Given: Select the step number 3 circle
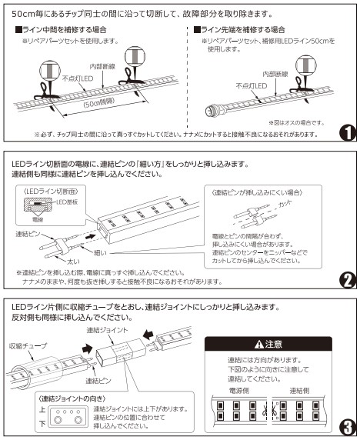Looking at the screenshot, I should click(x=347, y=425).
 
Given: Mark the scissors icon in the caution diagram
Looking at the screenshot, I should click(x=275, y=410).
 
